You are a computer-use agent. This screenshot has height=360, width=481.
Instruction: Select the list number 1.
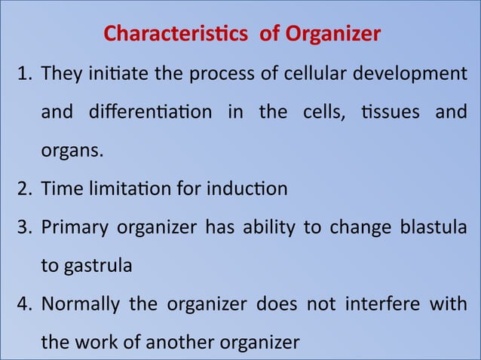tap(24, 75)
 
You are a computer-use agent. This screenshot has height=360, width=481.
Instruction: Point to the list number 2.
tap(24, 188)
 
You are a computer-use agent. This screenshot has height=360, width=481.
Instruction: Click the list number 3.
tap(24, 227)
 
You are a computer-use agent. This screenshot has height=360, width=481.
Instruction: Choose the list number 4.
tap(24, 304)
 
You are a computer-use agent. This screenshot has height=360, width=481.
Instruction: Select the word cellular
tap(308, 75)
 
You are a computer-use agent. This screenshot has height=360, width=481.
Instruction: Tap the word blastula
tap(437, 227)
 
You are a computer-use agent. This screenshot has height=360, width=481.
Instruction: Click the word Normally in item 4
tap(77, 305)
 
